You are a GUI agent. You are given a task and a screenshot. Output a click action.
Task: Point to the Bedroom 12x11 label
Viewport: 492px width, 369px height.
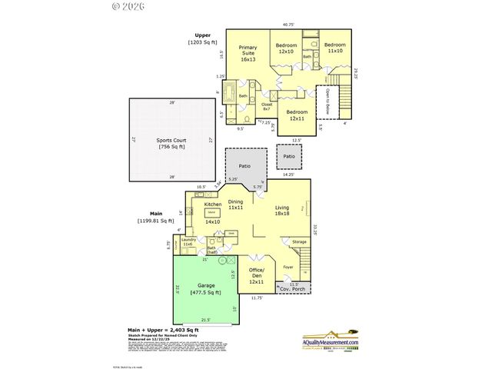297,115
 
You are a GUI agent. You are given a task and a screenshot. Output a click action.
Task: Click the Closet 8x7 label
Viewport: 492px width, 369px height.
267,107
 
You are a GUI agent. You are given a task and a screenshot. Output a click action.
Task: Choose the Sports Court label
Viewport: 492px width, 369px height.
174,144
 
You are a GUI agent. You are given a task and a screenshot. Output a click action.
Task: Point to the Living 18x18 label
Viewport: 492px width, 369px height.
287,211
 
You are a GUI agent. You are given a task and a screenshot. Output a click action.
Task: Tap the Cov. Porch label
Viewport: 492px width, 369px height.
293,290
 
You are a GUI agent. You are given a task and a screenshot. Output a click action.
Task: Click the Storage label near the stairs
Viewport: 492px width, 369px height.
298,242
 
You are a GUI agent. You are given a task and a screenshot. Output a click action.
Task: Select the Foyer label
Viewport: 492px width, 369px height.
288,268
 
